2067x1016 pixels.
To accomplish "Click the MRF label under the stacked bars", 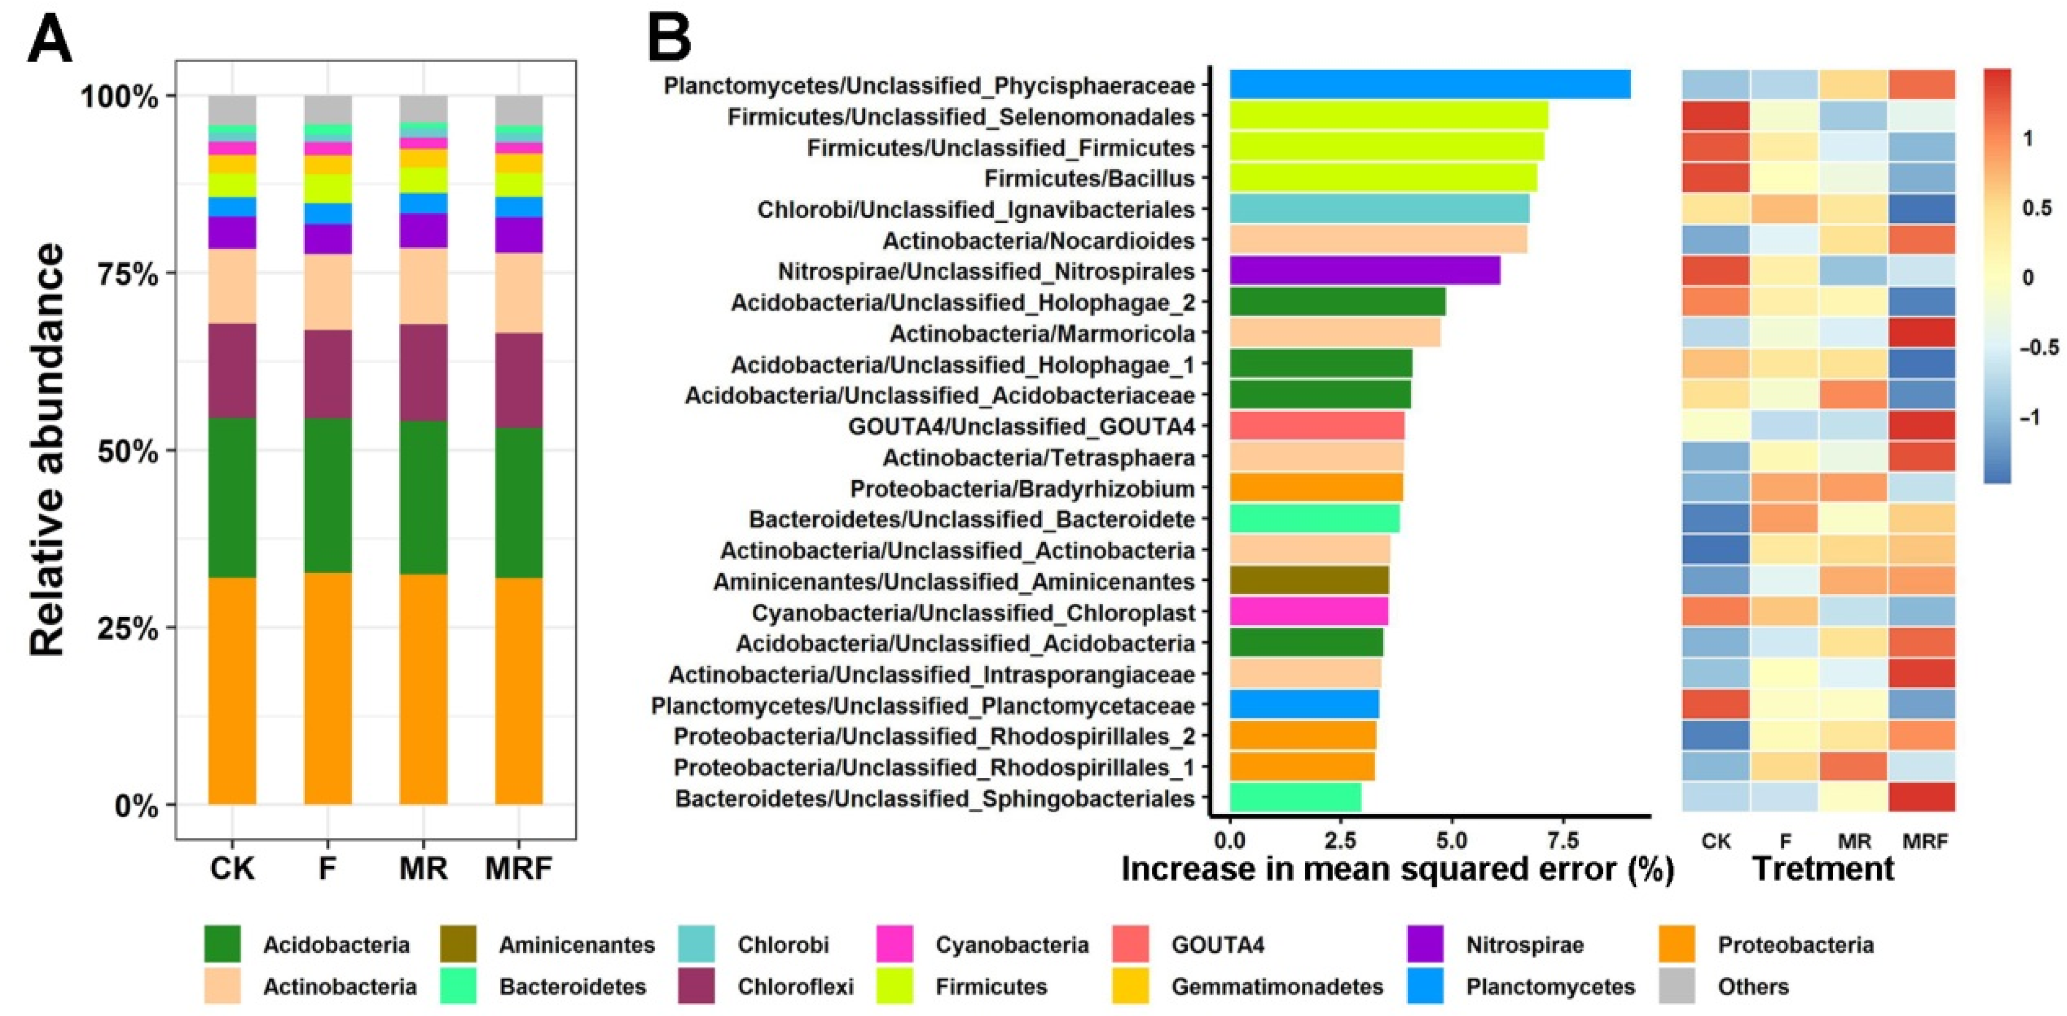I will click(x=518, y=867).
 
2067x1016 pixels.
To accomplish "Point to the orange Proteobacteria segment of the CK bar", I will click(x=232, y=690).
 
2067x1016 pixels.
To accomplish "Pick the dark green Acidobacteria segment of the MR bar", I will click(x=423, y=497).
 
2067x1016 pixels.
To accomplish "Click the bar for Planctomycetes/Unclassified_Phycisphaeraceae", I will click(x=1429, y=84).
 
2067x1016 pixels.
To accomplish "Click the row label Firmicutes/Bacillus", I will click(x=1090, y=178).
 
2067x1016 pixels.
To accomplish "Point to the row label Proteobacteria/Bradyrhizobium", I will click(x=1022, y=489).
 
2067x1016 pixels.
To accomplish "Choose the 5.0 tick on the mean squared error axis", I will click(x=1451, y=841).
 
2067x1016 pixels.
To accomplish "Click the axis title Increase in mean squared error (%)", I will click(x=1397, y=869).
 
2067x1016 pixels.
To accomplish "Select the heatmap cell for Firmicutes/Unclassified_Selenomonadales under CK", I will click(x=1715, y=116).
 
